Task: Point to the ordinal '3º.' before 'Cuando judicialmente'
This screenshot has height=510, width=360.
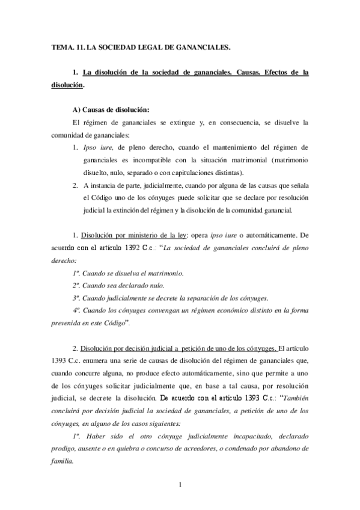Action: pyautogui.click(x=76, y=298)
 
